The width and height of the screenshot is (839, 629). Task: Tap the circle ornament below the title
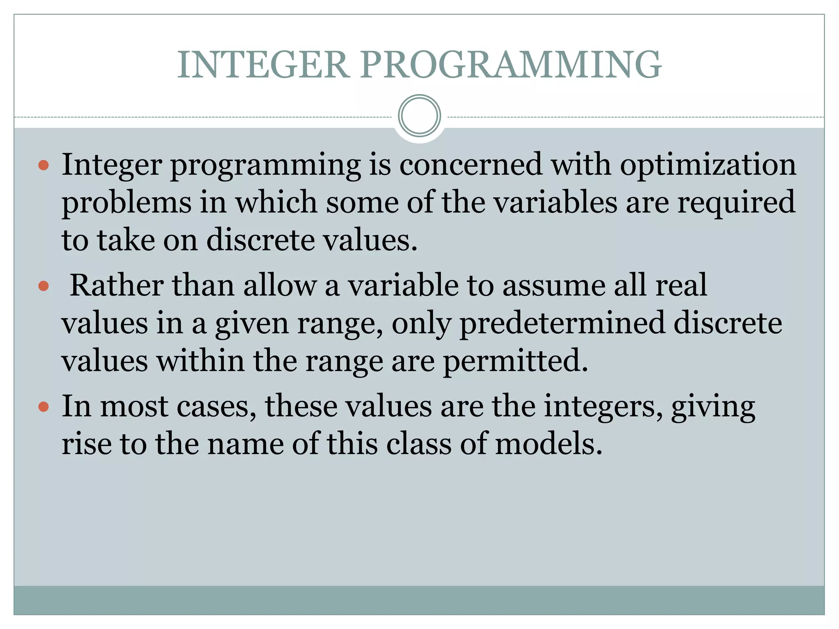pos(419,116)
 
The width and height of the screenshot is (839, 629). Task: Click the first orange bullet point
pos(43,165)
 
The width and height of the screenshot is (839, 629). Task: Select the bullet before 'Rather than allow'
pos(43,286)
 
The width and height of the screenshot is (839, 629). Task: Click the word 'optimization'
pos(708,165)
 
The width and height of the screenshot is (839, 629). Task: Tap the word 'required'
pos(736,202)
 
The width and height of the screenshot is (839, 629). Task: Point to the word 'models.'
pos(549,444)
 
